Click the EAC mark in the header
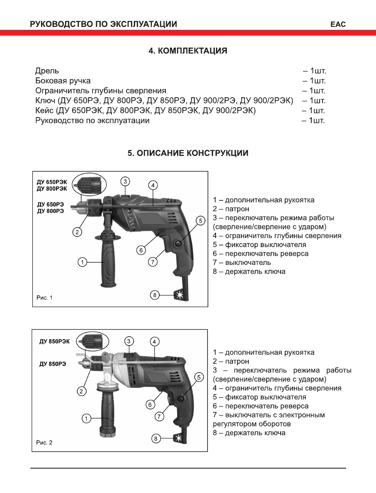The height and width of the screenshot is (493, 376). pos(338,24)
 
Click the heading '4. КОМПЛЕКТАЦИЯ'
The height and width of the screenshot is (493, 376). pos(188,51)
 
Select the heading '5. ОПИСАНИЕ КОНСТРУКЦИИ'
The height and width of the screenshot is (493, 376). pos(188,153)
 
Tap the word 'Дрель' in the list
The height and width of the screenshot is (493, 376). pos(47,71)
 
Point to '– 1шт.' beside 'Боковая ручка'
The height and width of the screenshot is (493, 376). pos(314,81)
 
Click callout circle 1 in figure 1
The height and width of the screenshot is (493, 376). pos(83,262)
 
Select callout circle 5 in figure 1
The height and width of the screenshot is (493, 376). pos(201,221)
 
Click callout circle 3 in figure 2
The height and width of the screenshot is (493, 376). pos(129,341)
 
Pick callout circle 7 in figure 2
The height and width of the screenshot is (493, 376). pos(160,416)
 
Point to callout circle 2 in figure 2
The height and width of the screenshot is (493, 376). pos(82,391)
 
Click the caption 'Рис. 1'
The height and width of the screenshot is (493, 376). pos(44,297)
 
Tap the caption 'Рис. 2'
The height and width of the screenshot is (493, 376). pos(44,442)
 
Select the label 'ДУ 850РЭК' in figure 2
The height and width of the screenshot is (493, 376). pos(55,341)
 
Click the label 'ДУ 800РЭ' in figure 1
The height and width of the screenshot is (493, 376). pos(51,211)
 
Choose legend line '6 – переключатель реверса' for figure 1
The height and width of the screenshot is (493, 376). pos(260,253)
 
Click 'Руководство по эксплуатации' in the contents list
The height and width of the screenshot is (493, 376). pos(92,121)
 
